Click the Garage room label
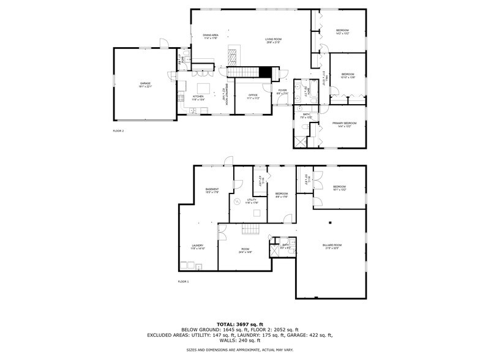click(x=145, y=85)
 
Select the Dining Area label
click(x=211, y=37)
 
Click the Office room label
click(x=253, y=97)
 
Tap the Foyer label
click(x=282, y=92)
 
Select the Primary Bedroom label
click(x=344, y=125)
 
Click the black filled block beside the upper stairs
click(x=264, y=72)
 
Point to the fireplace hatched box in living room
click(x=233, y=54)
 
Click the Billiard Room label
click(x=332, y=246)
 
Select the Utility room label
click(x=252, y=201)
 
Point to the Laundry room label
click(x=197, y=246)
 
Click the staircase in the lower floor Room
click(x=250, y=230)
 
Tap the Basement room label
click(x=212, y=190)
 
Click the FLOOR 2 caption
click(x=118, y=131)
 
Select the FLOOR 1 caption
click(x=183, y=281)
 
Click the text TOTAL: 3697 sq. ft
click(x=239, y=324)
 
